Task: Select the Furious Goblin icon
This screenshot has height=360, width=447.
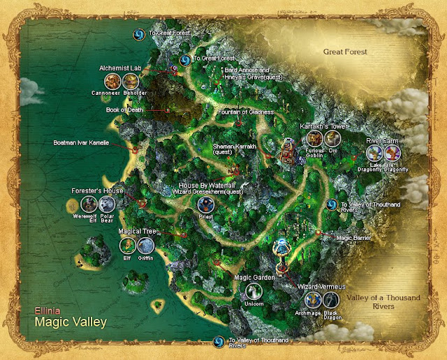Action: click(313, 139)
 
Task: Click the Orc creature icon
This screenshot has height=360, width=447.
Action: click(332, 139)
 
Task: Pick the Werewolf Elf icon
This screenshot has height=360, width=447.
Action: click(89, 204)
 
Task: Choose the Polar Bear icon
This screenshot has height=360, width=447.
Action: click(107, 204)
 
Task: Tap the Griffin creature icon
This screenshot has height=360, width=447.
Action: click(145, 245)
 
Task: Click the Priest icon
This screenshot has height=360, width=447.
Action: click(205, 204)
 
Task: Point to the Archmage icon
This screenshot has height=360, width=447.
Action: click(313, 300)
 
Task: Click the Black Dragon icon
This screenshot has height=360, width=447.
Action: click(331, 300)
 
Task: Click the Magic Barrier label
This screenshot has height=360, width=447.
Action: click(352, 237)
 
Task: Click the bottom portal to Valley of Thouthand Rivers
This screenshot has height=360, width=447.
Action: click(217, 342)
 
